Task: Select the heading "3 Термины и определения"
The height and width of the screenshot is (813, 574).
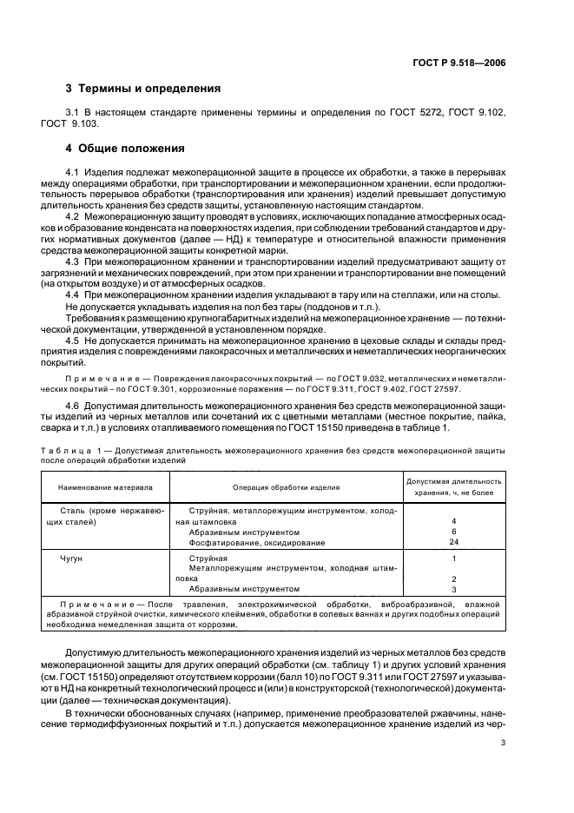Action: coord(143,89)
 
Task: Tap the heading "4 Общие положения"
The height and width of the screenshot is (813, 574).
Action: coord(126,148)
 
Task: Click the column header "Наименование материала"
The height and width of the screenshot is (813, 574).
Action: coord(105,488)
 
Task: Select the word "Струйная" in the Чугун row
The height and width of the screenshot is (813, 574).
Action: coord(208,559)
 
